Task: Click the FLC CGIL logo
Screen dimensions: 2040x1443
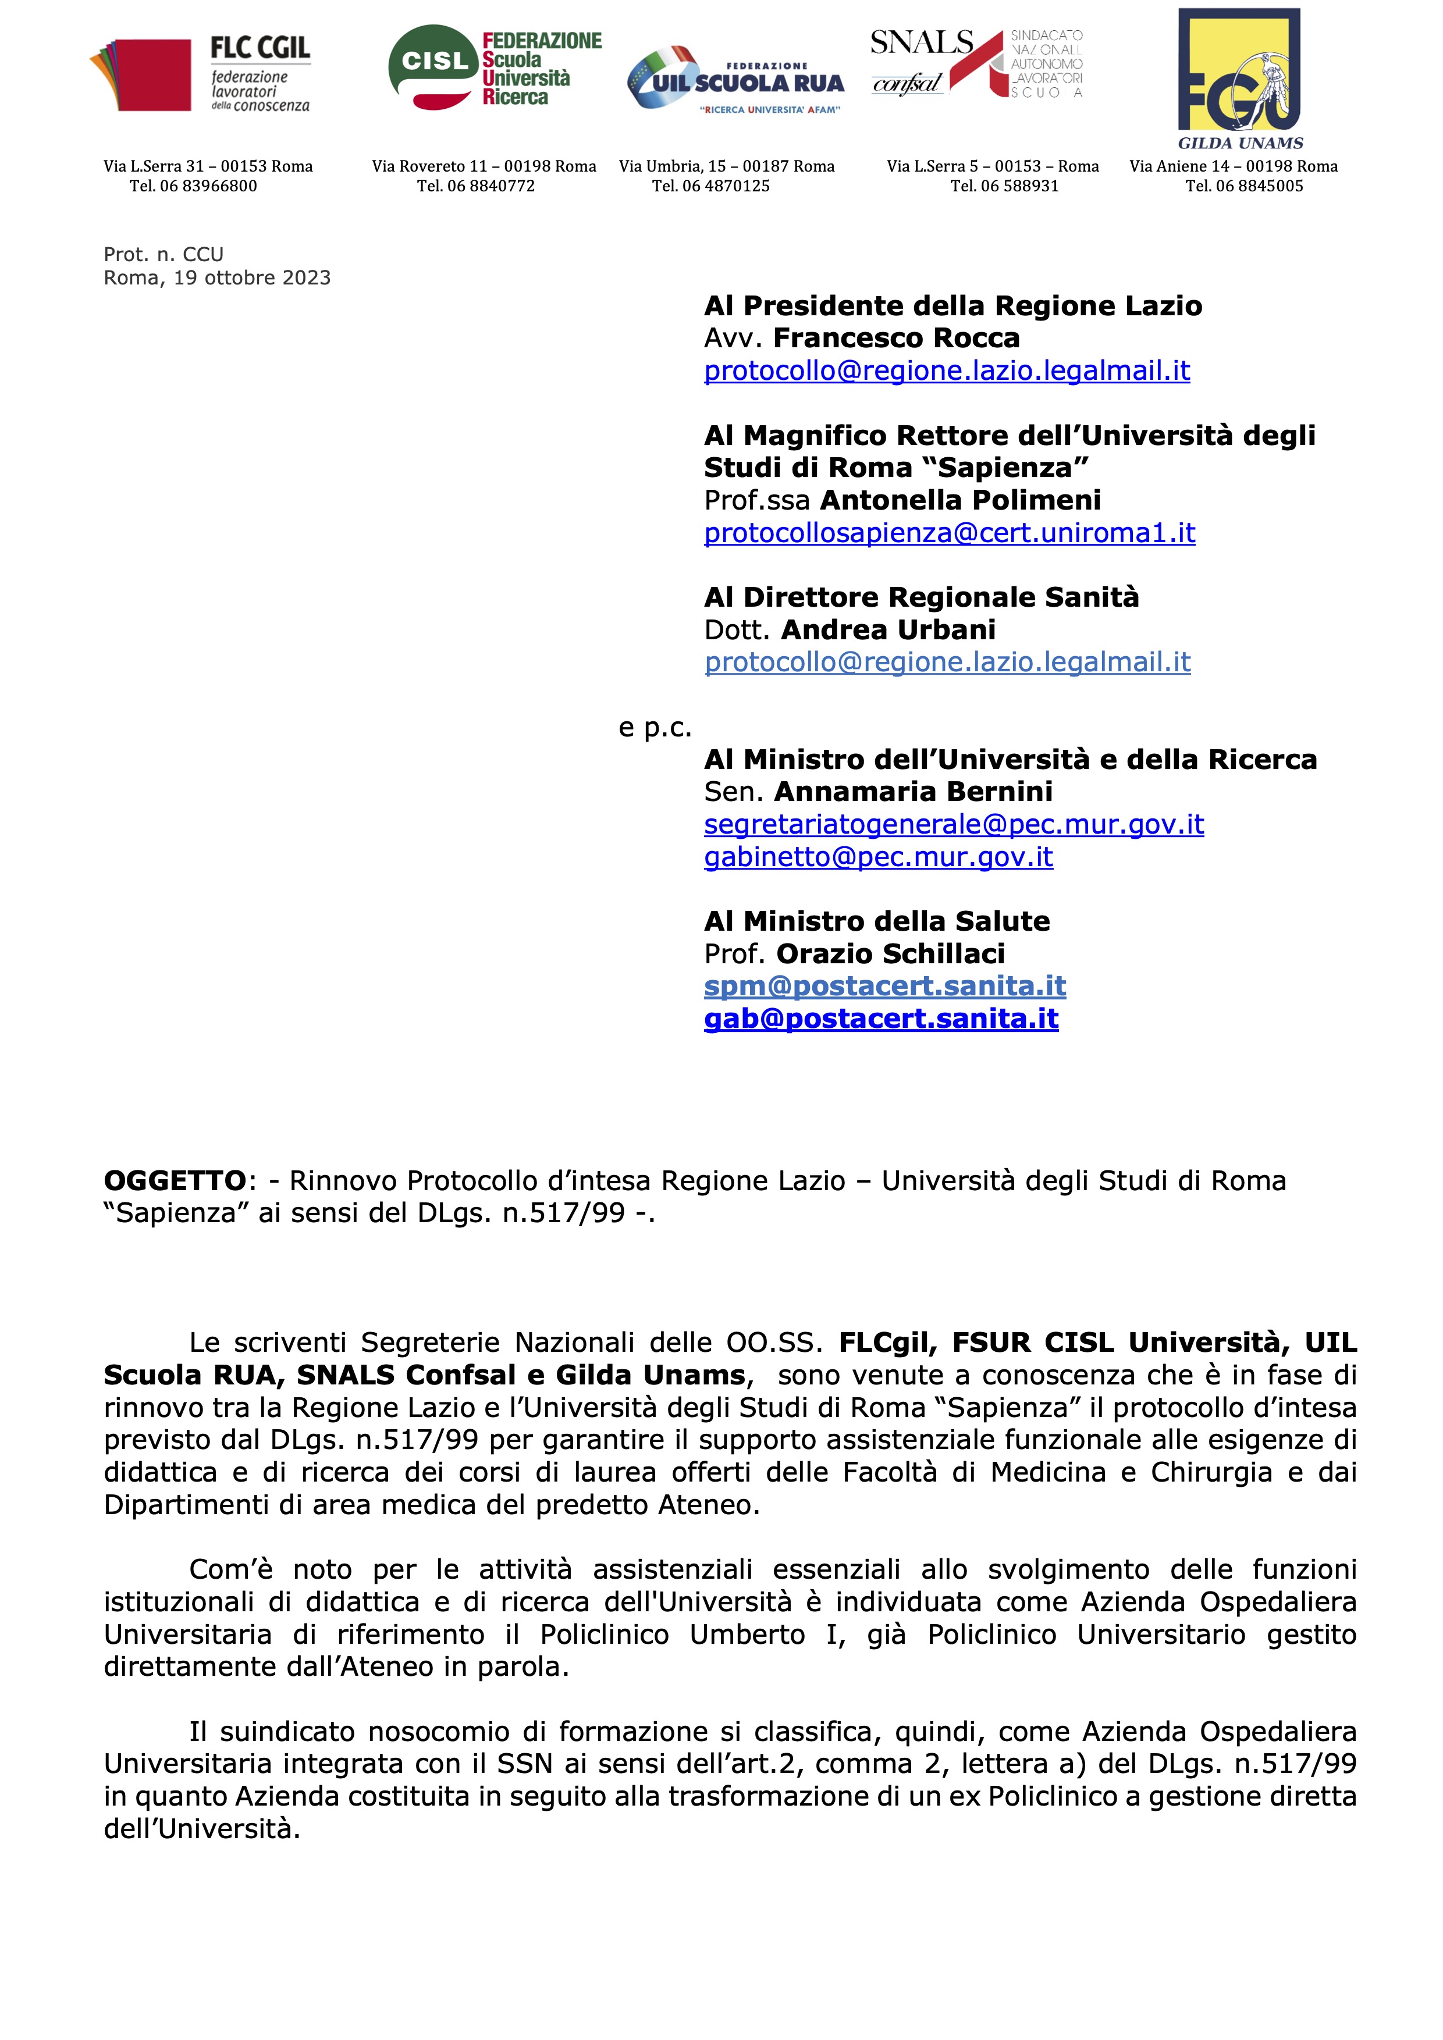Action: click(x=200, y=74)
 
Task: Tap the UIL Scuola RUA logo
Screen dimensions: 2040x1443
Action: click(x=735, y=82)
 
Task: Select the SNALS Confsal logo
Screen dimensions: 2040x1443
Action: click(x=976, y=62)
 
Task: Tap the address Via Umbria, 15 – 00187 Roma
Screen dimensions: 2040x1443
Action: click(x=727, y=166)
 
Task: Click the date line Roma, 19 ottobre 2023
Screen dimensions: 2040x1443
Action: click(x=217, y=278)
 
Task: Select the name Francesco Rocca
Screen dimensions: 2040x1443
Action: click(x=897, y=339)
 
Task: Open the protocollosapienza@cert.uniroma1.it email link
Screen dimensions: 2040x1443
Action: click(x=949, y=533)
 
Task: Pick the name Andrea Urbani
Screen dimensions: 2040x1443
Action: click(x=888, y=630)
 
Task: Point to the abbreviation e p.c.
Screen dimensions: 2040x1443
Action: click(x=655, y=728)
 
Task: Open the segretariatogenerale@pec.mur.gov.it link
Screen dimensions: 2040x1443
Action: click(x=954, y=824)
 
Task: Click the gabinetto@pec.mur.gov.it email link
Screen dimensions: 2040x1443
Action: click(x=878, y=857)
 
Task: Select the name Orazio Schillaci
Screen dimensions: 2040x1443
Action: click(x=890, y=954)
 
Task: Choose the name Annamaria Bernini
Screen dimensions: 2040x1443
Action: click(x=914, y=792)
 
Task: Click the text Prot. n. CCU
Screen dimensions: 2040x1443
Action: click(x=164, y=255)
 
